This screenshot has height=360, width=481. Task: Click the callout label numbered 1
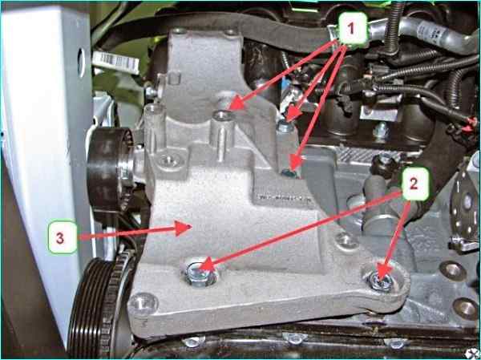tap(353, 29)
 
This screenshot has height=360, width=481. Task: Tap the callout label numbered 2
tap(414, 184)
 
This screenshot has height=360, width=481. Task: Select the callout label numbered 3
tap(63, 237)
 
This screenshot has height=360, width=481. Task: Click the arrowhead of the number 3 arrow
tap(184, 229)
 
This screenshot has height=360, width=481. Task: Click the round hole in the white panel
tap(82, 63)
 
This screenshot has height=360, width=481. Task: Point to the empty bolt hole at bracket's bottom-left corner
tap(143, 304)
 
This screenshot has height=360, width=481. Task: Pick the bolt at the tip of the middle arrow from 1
tap(285, 127)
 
